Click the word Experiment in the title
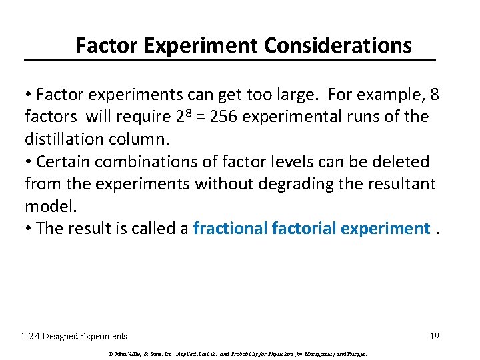pyautogui.click(x=193, y=45)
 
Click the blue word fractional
pyautogui.click(x=231, y=229)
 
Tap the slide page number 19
pyautogui.click(x=434, y=337)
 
